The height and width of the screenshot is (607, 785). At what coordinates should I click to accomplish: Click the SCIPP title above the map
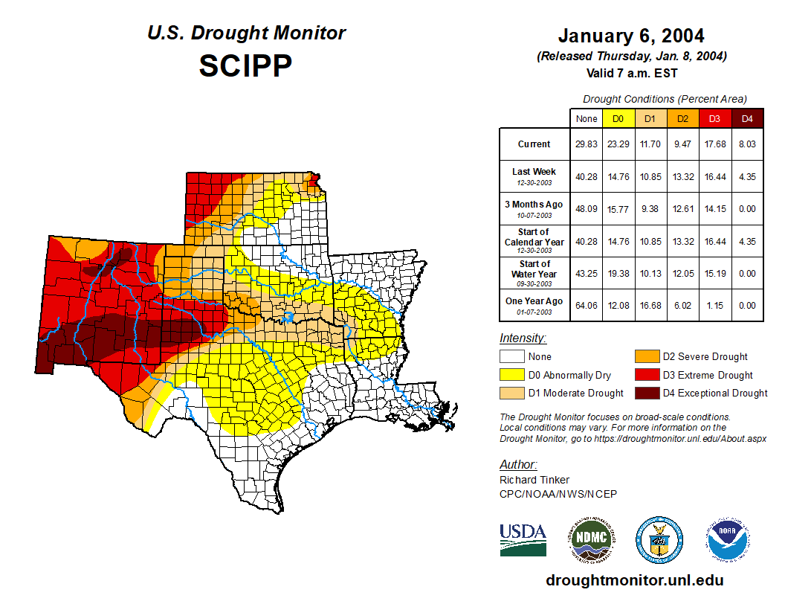[245, 66]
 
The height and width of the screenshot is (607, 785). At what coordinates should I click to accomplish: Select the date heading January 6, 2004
[631, 36]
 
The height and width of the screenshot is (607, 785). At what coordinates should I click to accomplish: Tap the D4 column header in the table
[747, 119]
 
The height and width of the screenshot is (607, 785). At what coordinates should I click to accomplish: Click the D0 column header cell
[618, 119]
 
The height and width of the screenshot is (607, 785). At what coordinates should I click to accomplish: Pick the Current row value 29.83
[586, 144]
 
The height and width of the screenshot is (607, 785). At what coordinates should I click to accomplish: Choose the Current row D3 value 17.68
[715, 144]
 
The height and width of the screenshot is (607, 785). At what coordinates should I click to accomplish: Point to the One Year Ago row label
[534, 301]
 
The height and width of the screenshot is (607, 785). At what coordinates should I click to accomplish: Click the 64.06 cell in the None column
[586, 305]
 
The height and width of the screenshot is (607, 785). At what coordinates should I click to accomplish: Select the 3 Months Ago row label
[534, 205]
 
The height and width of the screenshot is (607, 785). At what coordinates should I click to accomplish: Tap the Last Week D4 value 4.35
[747, 177]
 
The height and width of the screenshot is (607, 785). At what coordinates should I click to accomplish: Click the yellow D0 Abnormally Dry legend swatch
[511, 375]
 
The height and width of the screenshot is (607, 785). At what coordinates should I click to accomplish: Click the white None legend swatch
[511, 357]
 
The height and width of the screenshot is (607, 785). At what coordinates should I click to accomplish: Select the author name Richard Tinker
[534, 480]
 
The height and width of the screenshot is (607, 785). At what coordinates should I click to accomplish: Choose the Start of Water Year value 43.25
[586, 273]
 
